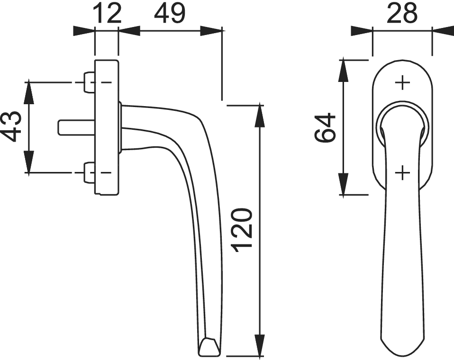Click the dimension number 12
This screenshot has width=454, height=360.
[107, 14]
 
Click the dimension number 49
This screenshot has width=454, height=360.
[169, 14]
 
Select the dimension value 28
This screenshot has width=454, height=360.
[402, 13]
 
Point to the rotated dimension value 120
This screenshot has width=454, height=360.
[243, 230]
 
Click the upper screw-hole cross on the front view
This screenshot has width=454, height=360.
[403, 83]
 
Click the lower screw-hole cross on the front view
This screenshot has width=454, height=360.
[403, 173]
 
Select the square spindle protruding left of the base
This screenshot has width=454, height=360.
[76, 127]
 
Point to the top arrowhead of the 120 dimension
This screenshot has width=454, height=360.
[260, 116]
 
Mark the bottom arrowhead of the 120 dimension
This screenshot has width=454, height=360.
[260, 344]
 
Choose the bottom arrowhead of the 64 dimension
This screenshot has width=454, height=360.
[343, 184]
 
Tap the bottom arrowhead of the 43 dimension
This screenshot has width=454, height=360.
[28, 162]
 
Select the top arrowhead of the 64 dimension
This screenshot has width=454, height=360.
[343, 70]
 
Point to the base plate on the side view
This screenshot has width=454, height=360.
[107, 127]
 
